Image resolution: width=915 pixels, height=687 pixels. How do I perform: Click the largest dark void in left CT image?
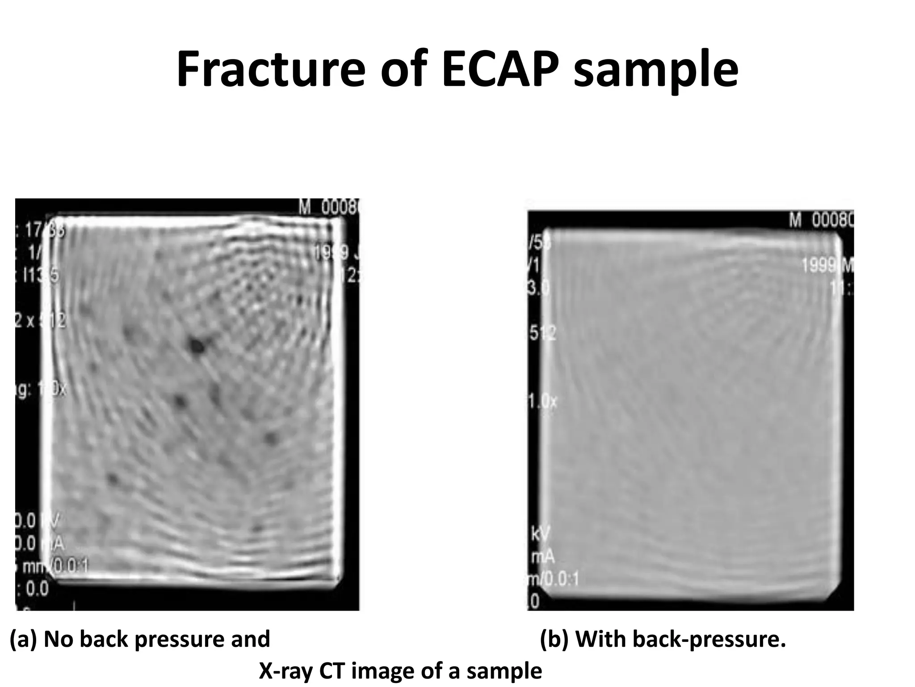click(196, 345)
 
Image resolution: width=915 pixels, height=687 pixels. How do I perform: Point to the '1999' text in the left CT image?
click(331, 254)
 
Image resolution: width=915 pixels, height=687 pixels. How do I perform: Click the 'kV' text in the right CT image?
click(540, 534)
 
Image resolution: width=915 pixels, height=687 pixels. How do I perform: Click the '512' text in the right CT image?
click(542, 333)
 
